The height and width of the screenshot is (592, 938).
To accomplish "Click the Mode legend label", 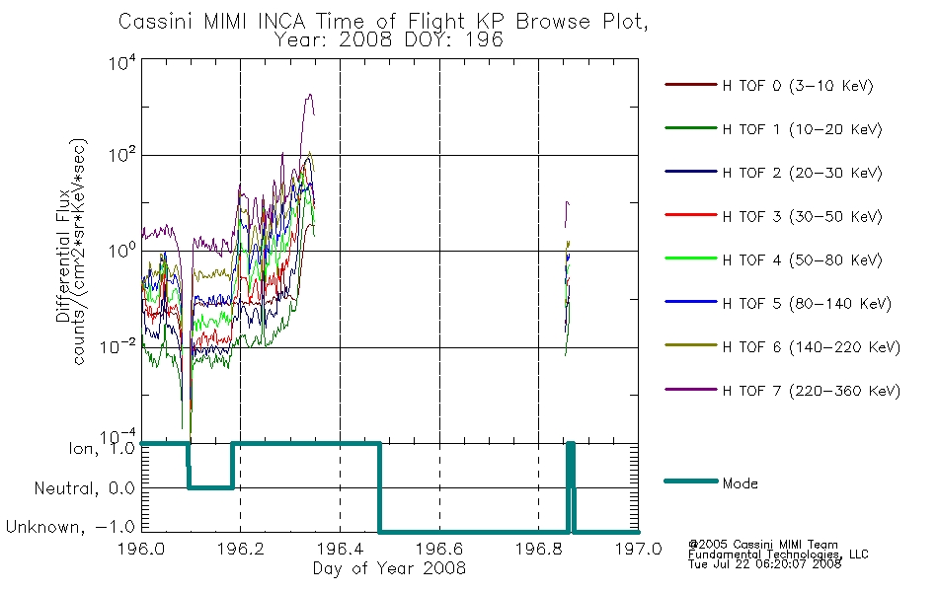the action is tap(740, 483).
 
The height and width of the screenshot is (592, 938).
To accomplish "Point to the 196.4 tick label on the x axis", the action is tap(340, 549).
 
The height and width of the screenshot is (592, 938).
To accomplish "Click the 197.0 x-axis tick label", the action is tap(638, 549).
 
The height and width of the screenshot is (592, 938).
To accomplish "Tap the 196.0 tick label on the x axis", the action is tap(141, 549).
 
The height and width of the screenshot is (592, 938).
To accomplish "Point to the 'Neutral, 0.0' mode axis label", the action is tap(84, 488).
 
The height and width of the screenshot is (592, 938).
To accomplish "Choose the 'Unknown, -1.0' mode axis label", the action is tap(70, 527).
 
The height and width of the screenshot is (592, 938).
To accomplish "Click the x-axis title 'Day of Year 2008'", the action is tap(389, 568).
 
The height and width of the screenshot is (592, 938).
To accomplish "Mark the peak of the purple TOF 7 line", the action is tap(309, 95).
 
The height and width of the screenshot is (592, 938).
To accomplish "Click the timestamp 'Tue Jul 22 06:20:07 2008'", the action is tap(764, 563).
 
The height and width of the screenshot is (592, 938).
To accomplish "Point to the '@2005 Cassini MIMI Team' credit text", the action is tap(762, 545).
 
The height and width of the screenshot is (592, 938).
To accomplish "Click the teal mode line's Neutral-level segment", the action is tap(210, 487).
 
